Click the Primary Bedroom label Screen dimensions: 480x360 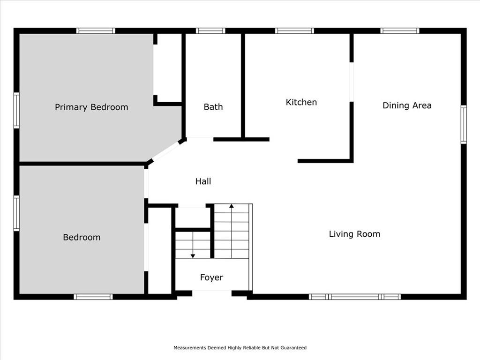point(91,107)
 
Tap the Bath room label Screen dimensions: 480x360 point(213,107)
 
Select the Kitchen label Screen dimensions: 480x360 point(301,102)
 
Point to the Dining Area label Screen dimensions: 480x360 point(407,105)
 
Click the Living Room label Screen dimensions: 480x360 point(354,234)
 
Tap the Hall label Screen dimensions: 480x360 point(203,181)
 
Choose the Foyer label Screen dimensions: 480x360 point(211,277)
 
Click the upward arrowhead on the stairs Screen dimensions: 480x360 point(232,206)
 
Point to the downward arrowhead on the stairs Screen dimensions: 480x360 point(193,256)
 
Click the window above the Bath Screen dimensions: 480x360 point(210,30)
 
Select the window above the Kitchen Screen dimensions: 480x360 point(294,30)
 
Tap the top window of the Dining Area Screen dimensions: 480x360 point(400,30)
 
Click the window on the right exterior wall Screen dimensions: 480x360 point(464,124)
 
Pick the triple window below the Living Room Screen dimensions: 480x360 point(354,297)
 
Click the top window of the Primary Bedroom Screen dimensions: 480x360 point(96,30)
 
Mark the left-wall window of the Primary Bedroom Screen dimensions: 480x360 point(16,110)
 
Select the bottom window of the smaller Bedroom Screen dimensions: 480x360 point(93,297)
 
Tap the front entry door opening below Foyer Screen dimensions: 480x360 point(211,293)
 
